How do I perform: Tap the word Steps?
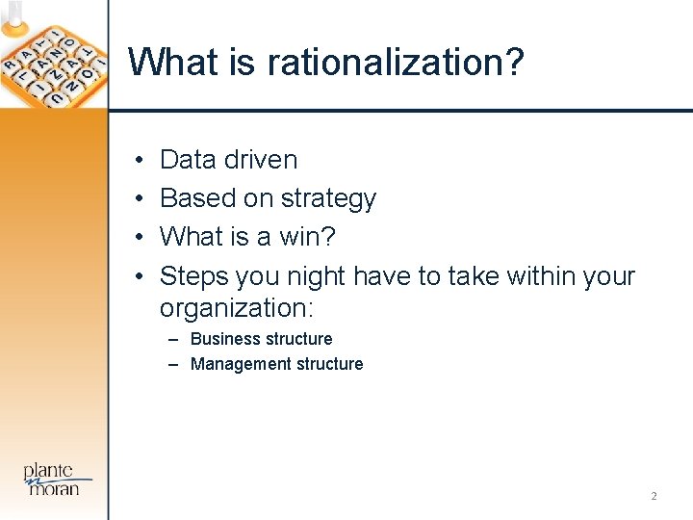(x=188, y=276)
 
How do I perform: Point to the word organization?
(x=237, y=308)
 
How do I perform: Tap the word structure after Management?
(x=330, y=364)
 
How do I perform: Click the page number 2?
(x=654, y=496)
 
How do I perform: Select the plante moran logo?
(x=59, y=478)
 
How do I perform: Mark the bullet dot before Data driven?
(x=140, y=160)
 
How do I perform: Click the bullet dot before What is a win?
(x=140, y=237)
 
